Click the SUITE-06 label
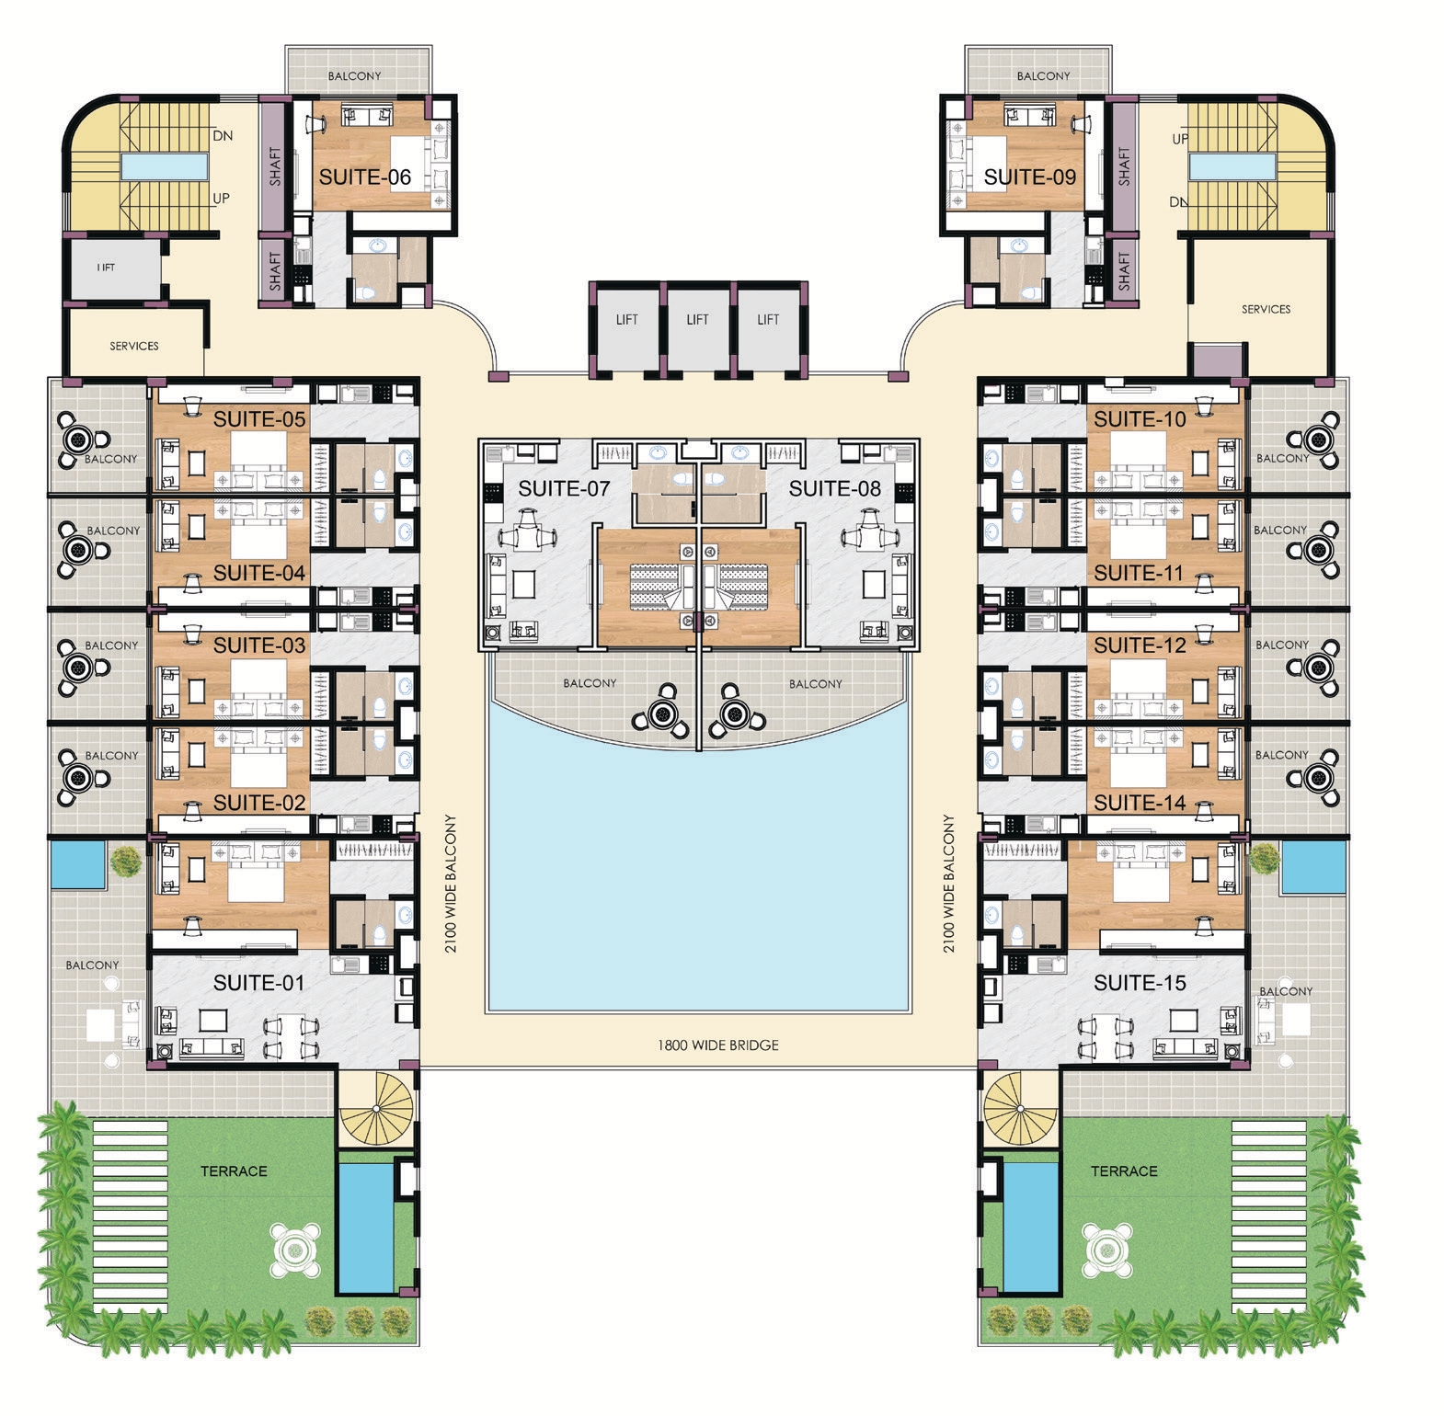click(364, 177)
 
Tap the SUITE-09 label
click(1029, 177)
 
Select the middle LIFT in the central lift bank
click(697, 319)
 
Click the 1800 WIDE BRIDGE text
click(718, 1045)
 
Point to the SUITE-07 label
click(564, 488)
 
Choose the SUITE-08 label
click(835, 488)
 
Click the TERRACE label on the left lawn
click(234, 1170)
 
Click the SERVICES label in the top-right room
click(1266, 309)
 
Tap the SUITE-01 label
click(258, 983)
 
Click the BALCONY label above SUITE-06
click(354, 75)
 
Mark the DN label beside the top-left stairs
click(223, 135)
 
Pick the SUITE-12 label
click(1140, 645)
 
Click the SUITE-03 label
click(259, 645)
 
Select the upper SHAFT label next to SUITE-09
click(1123, 166)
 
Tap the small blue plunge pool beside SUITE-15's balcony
click(1313, 867)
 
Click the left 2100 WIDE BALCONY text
click(451, 883)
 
